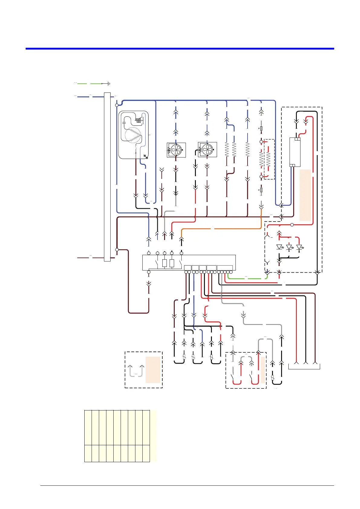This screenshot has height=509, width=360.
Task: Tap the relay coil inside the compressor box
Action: point(138,120)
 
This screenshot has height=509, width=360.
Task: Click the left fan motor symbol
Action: point(176,150)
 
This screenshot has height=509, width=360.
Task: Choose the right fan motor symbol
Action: point(207,150)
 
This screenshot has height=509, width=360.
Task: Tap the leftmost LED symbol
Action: point(279,247)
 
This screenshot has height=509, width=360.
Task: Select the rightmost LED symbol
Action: point(299,247)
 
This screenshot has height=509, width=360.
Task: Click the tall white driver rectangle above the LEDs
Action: point(295,152)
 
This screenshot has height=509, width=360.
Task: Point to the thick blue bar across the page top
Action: point(180,48)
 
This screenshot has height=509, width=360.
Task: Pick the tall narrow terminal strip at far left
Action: point(107,177)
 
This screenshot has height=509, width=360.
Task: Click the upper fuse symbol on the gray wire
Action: point(261,128)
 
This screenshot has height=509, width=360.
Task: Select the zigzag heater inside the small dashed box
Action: point(268,159)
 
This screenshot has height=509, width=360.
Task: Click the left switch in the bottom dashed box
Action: point(233,378)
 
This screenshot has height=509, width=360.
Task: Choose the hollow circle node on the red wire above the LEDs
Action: point(292,225)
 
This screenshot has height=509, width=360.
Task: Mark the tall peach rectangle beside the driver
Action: point(305,195)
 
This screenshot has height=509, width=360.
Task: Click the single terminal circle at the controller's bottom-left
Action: point(148,272)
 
